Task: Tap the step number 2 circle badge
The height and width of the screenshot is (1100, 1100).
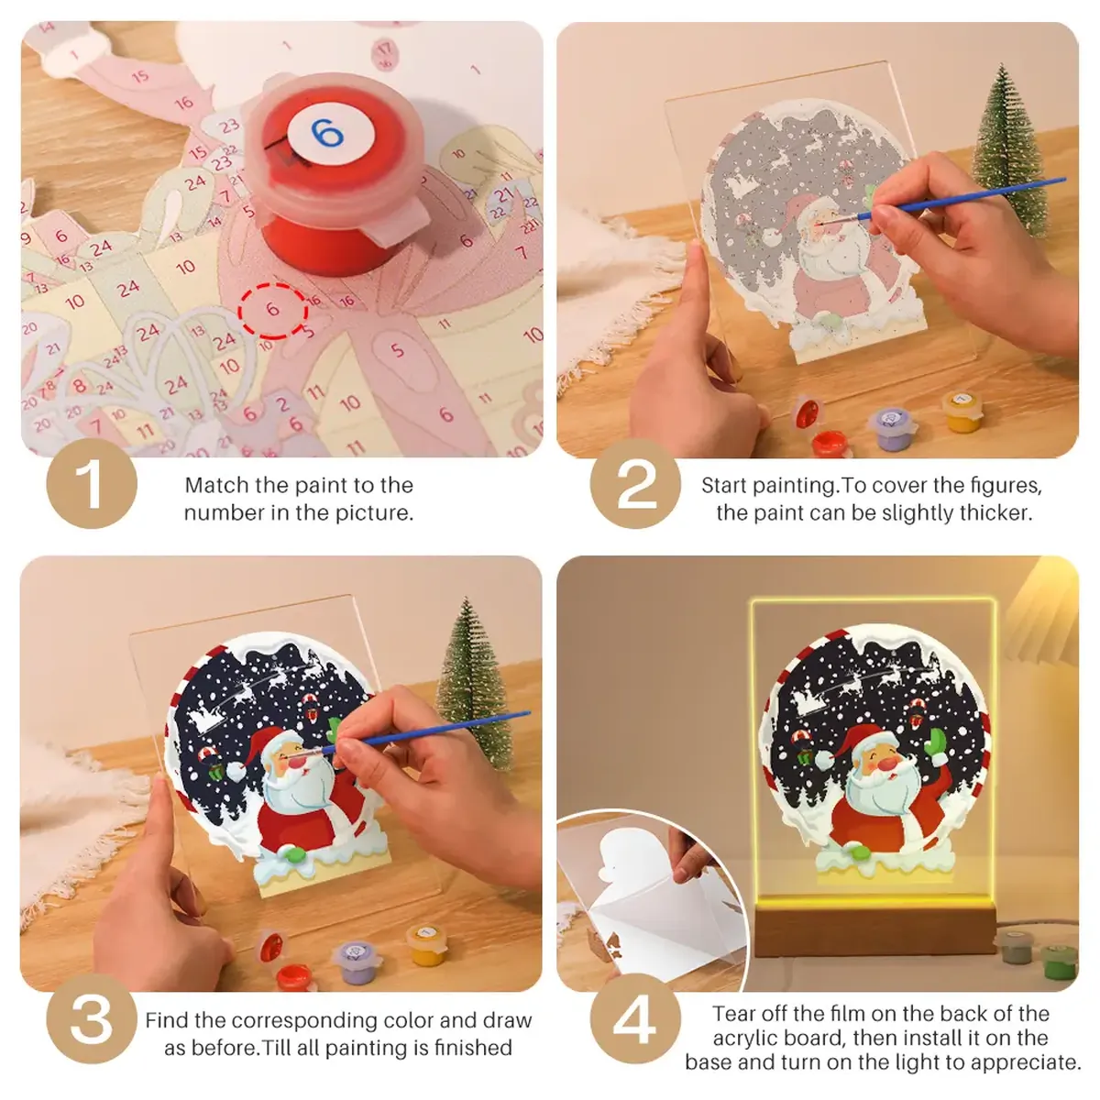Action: click(x=634, y=484)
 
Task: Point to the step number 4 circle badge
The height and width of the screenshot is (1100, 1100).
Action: click(x=634, y=1019)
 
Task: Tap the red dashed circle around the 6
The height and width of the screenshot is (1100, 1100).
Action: click(x=272, y=310)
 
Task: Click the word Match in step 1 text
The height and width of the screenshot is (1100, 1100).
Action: click(x=217, y=485)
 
